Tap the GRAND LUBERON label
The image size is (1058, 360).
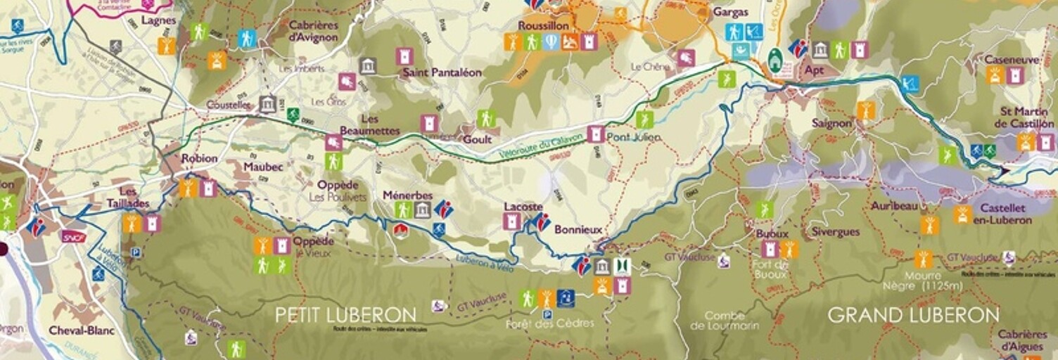[913, 314]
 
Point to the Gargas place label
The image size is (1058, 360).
[730, 12]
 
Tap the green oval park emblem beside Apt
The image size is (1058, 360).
[775, 61]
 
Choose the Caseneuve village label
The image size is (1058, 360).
[1012, 60]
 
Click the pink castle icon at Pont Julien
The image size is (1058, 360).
[595, 134]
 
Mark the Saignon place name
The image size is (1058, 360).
[831, 123]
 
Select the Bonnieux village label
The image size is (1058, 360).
[578, 230]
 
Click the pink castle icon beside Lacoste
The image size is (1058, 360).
[511, 221]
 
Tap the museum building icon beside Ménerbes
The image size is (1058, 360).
[422, 210]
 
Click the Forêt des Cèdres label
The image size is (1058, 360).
[549, 323]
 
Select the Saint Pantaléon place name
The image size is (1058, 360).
[442, 72]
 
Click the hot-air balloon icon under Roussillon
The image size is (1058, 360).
[551, 42]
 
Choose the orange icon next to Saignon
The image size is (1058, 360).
[865, 110]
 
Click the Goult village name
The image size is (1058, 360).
[477, 139]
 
